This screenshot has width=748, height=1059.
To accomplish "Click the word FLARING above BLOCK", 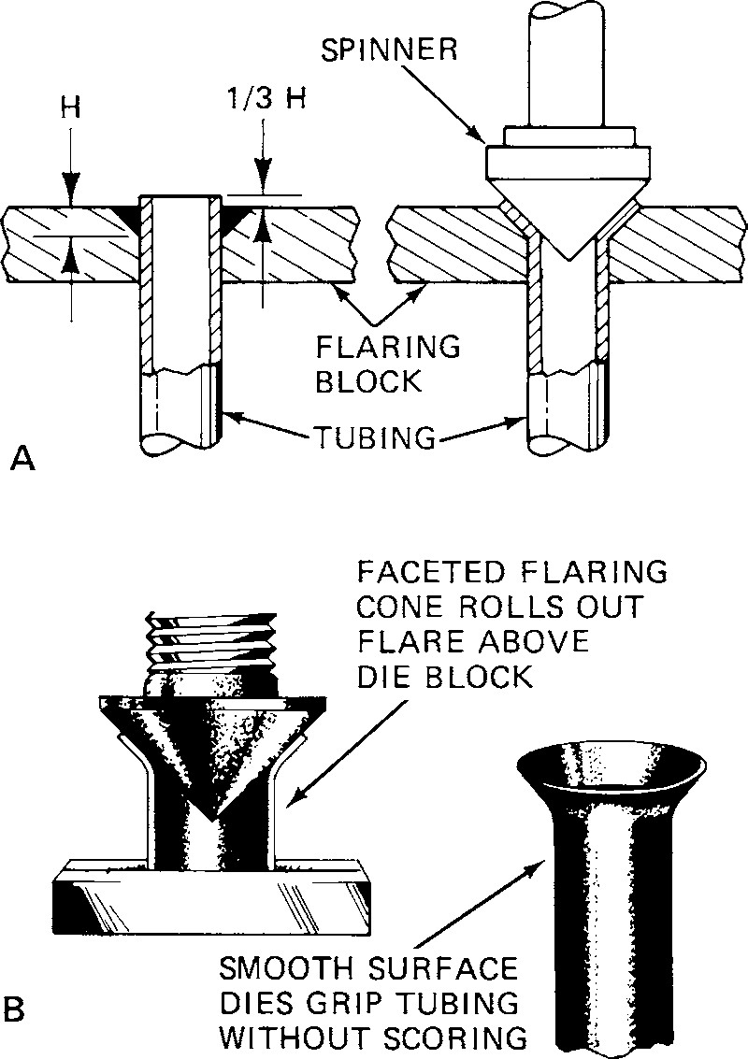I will point(389,347).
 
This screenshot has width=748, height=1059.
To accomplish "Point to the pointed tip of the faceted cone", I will point(214,815).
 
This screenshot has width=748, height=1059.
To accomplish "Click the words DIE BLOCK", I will point(441,676).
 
